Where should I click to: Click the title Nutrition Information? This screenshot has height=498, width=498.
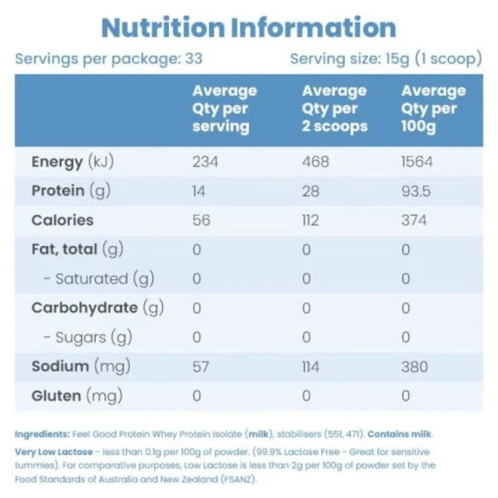(249, 27)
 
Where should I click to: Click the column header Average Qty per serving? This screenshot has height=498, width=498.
(224, 108)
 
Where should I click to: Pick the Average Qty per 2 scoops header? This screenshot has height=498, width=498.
(334, 108)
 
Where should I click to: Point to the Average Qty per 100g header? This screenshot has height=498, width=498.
(433, 108)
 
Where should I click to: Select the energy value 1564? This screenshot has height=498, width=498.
(416, 162)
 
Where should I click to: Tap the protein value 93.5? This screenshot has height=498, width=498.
(416, 191)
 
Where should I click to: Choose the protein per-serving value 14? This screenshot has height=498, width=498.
(199, 191)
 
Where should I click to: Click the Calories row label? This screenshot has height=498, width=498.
(62, 220)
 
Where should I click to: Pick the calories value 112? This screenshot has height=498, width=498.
(309, 220)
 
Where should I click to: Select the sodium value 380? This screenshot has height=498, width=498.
(415, 366)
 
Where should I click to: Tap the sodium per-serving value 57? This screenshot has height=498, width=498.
(200, 366)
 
